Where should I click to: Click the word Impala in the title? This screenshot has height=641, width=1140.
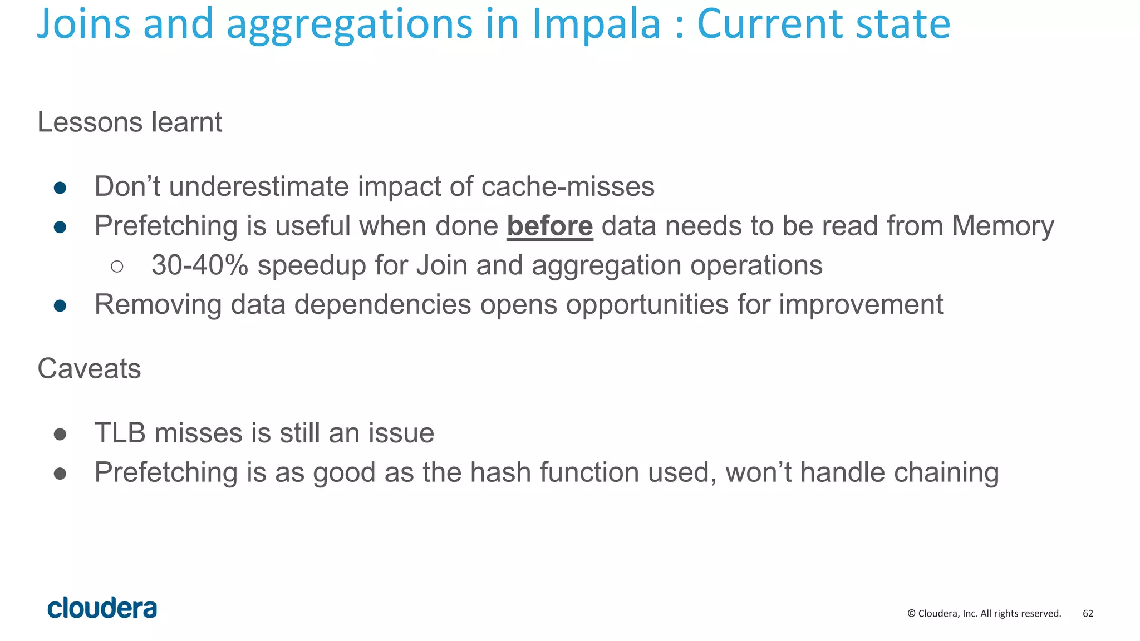click(596, 24)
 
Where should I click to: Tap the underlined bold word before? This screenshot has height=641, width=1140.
click(549, 226)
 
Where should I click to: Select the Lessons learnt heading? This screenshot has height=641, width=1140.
click(130, 122)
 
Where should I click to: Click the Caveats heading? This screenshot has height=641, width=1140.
click(89, 368)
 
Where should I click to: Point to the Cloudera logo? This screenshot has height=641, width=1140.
click(102, 608)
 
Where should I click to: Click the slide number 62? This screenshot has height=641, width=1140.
click(1088, 613)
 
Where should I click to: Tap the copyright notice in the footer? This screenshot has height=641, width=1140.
click(984, 613)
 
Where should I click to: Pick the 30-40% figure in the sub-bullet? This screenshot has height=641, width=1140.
click(200, 265)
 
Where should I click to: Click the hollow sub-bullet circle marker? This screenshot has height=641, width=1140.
click(117, 267)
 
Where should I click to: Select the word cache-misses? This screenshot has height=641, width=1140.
click(568, 186)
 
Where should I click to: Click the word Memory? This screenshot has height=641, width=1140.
click(1003, 226)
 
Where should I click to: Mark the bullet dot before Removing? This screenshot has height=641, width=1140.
click(60, 305)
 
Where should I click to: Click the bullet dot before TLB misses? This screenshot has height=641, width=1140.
click(60, 434)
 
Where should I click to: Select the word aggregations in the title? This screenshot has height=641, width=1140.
click(349, 26)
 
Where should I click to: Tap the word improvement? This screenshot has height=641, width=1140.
click(861, 305)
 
